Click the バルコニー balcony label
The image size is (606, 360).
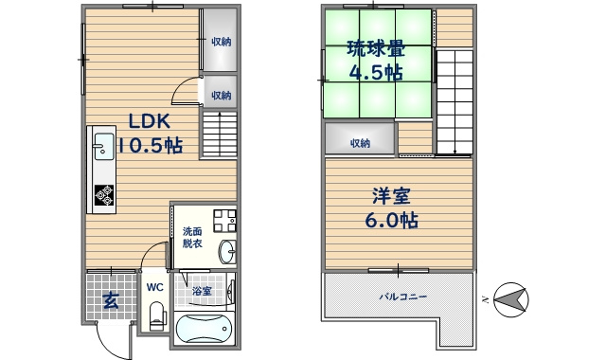tap(404, 297)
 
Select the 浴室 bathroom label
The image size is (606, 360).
tap(202, 290)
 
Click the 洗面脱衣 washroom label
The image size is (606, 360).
tap(192, 238)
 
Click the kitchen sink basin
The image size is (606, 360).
tap(102, 147)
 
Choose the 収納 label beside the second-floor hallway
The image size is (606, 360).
tap(360, 143)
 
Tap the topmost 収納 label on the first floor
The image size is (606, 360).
tap(222, 42)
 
